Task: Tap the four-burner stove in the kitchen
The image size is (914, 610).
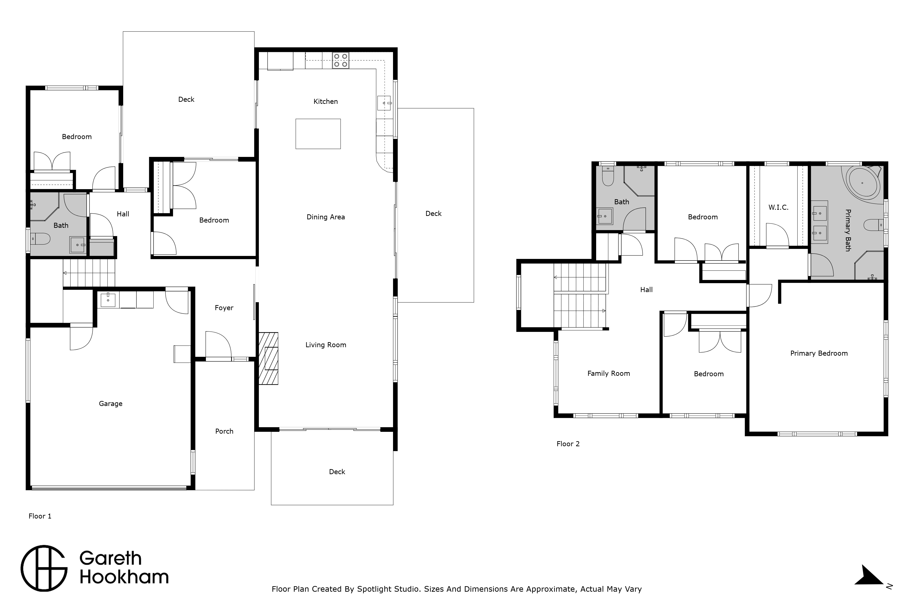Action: point(340,61)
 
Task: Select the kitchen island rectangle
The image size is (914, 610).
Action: point(318,134)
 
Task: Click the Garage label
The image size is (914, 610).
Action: point(111,404)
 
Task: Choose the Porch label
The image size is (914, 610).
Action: point(224,431)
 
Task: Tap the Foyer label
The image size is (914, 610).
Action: point(224,308)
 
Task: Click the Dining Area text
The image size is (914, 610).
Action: point(326,217)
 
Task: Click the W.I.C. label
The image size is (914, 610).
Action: point(778,207)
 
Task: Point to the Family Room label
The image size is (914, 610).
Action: point(608,374)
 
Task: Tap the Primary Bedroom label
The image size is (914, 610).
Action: point(819,353)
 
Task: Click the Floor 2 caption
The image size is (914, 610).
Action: point(568,444)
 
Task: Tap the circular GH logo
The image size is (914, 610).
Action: point(44,568)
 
